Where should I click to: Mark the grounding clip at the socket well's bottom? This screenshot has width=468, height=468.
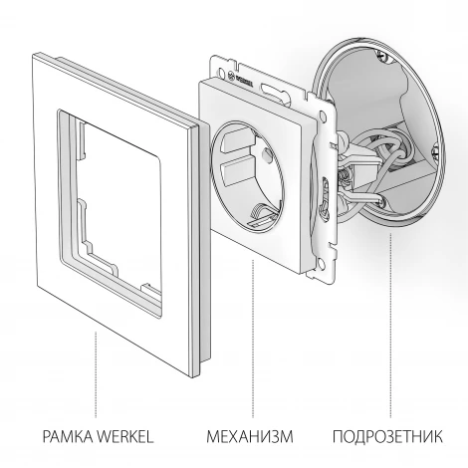[263, 212]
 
